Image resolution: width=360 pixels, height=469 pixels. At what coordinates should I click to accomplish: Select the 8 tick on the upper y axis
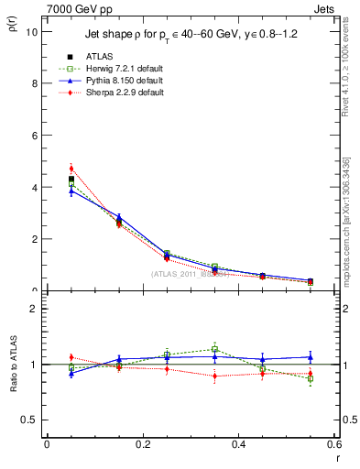coord(34,83)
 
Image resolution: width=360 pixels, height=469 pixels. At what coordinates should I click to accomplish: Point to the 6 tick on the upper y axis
coord(34,136)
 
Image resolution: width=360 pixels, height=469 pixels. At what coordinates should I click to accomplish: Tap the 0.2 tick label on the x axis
coord(142,444)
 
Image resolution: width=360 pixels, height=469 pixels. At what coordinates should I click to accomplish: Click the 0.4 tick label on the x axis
coord(238,444)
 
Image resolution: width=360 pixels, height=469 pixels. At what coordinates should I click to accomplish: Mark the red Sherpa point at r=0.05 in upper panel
coord(71,169)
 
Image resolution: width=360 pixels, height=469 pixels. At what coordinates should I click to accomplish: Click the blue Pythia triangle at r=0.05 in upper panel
coord(71,191)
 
